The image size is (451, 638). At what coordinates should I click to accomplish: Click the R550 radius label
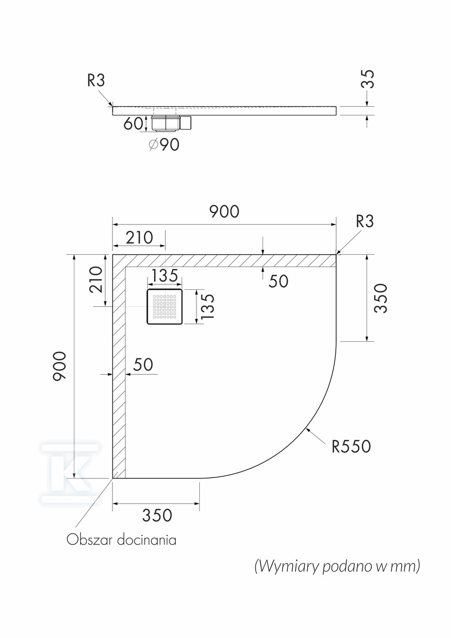click(x=351, y=454)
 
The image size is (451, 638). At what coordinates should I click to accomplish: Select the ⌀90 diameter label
click(x=164, y=145)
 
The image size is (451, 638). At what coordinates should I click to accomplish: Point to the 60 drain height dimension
click(x=133, y=123)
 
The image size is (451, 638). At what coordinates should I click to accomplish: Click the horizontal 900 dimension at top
click(x=224, y=212)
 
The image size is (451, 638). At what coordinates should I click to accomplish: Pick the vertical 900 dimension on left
click(x=59, y=366)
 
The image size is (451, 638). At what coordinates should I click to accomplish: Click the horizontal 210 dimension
click(x=139, y=238)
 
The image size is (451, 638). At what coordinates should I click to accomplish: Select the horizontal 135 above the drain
click(x=165, y=275)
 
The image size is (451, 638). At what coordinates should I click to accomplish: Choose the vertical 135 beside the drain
click(x=208, y=306)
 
